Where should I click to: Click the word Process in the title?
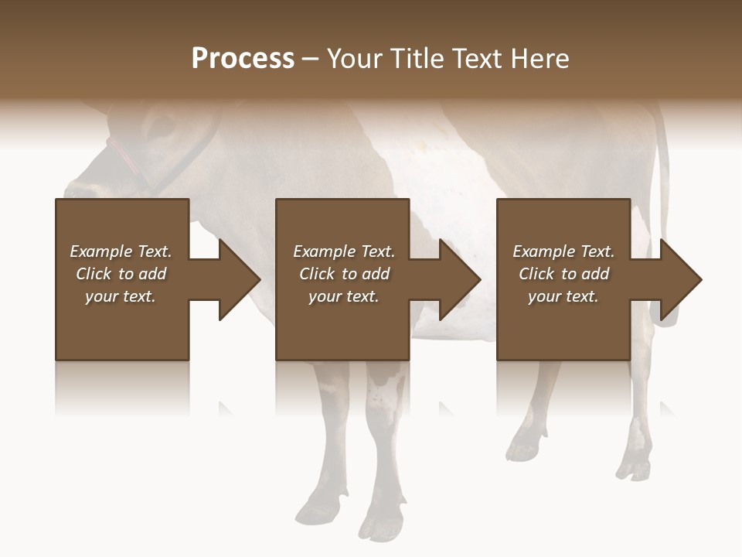point(243,59)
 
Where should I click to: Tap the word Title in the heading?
point(416,59)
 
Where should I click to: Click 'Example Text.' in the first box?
point(121,251)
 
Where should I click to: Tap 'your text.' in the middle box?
point(343,296)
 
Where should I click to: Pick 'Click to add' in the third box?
point(563,274)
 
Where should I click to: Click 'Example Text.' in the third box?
point(563,251)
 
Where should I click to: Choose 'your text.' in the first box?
point(121,296)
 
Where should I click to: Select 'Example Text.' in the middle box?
point(343,251)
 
